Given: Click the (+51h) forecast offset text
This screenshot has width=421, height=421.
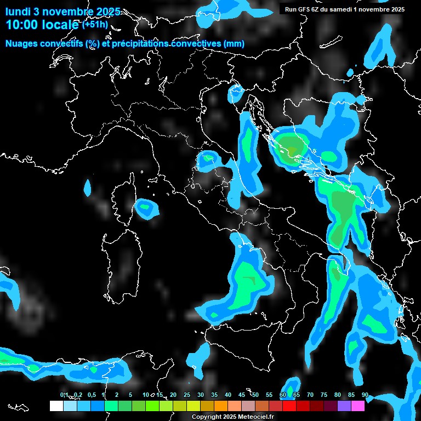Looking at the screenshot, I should click(x=95, y=24).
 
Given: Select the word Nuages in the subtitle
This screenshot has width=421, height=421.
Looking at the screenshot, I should click(x=21, y=44).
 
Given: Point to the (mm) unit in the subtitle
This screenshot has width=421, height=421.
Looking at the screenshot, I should click(x=234, y=44).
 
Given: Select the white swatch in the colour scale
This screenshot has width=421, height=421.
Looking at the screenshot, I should click(x=56, y=406).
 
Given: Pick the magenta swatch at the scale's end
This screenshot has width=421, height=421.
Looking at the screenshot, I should click(x=358, y=406).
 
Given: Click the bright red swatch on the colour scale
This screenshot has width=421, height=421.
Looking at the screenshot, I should click(x=289, y=406).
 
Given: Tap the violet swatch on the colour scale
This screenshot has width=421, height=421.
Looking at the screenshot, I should click(x=344, y=406).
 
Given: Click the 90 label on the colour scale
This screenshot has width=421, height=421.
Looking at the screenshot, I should click(x=365, y=395).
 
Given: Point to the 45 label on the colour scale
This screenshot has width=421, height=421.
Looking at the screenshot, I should click(x=242, y=395).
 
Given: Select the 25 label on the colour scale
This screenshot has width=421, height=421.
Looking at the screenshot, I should click(x=187, y=395).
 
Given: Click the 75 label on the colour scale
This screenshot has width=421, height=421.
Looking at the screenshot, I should click(x=324, y=395).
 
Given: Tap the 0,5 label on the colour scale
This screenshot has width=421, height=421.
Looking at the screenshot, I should click(x=91, y=395).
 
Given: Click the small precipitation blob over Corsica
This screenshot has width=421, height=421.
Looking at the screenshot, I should click(x=145, y=208).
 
